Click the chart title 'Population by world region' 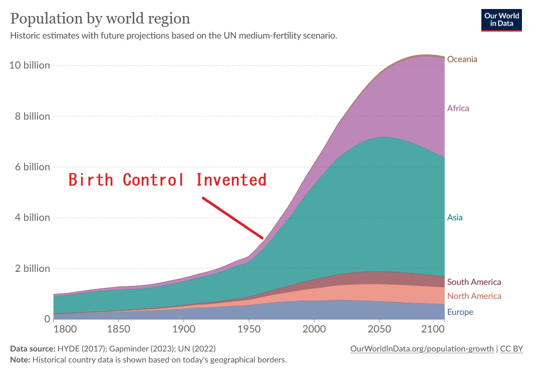coord(100,19)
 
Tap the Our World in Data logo coord(501,20)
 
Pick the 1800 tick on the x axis coord(65,330)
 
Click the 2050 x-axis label coord(376,330)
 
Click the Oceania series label coord(462,59)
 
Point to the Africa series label coord(458,108)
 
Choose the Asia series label coord(455,217)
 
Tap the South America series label coord(474,282)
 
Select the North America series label coord(474,296)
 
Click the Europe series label coord(460,312)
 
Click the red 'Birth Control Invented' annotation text coord(167,180)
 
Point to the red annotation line coord(232,217)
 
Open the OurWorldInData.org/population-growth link coord(422,348)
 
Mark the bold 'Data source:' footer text coord(33,348)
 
